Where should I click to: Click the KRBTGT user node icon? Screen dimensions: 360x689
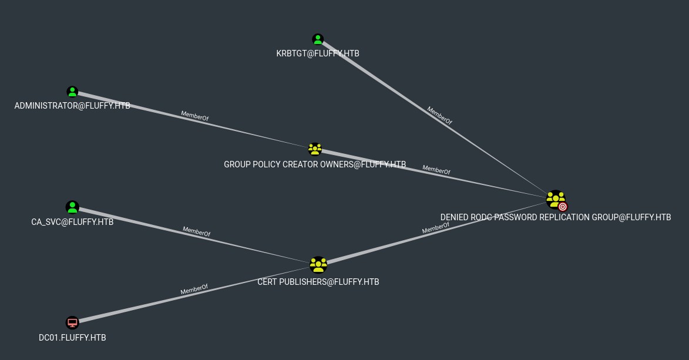pyautogui.click(x=318, y=40)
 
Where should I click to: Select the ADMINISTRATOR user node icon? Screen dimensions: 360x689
pyautogui.click(x=72, y=92)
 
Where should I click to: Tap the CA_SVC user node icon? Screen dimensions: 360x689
pyautogui.click(x=72, y=207)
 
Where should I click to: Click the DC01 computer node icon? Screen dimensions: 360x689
pyautogui.click(x=72, y=322)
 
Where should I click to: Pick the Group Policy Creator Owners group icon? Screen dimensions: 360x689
pyautogui.click(x=315, y=149)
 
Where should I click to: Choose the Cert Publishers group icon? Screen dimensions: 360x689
pyautogui.click(x=318, y=265)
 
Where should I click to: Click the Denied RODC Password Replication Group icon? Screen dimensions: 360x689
pyautogui.click(x=554, y=199)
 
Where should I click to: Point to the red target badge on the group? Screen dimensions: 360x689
pyautogui.click(x=563, y=207)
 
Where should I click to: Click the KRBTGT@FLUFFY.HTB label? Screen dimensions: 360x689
pyautogui.click(x=318, y=53)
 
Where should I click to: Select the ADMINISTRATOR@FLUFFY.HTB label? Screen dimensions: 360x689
pyautogui.click(x=72, y=106)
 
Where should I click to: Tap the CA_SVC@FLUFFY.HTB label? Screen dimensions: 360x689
pyautogui.click(x=72, y=222)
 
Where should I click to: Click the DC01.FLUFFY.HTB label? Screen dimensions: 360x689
pyautogui.click(x=72, y=338)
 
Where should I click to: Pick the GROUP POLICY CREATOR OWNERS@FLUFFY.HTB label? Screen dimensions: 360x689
pyautogui.click(x=315, y=164)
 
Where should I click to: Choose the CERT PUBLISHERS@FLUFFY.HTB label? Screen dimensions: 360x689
pyautogui.click(x=318, y=282)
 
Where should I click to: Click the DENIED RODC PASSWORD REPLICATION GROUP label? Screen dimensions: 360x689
pyautogui.click(x=555, y=217)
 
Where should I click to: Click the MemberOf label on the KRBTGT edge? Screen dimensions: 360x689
pyautogui.click(x=439, y=116)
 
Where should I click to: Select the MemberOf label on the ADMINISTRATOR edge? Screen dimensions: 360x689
pyautogui.click(x=194, y=116)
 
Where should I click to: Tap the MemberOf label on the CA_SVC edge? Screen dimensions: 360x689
pyautogui.click(x=196, y=231)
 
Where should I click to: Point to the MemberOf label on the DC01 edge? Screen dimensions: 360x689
pyautogui.click(x=194, y=290)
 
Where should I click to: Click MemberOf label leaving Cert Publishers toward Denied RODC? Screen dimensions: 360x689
pyautogui.click(x=436, y=228)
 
